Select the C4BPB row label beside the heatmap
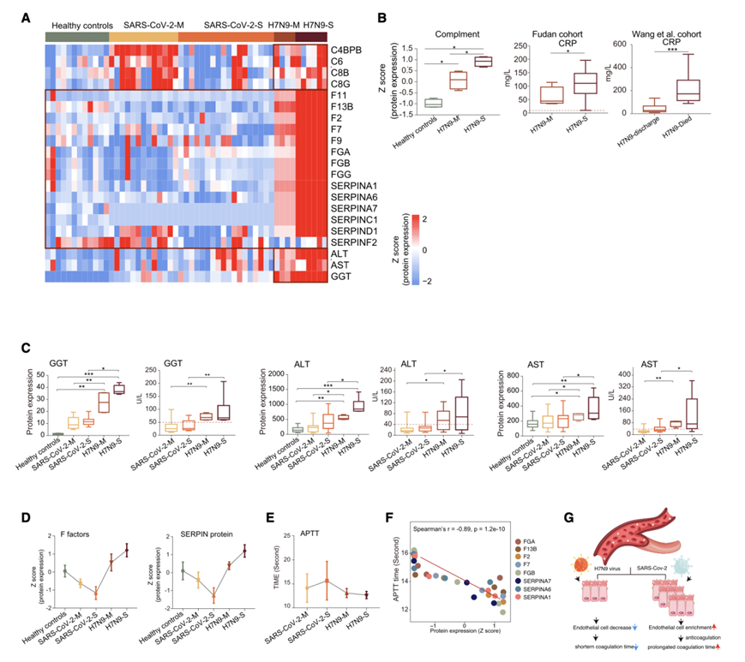pos(346,51)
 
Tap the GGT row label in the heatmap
pos(341,277)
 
